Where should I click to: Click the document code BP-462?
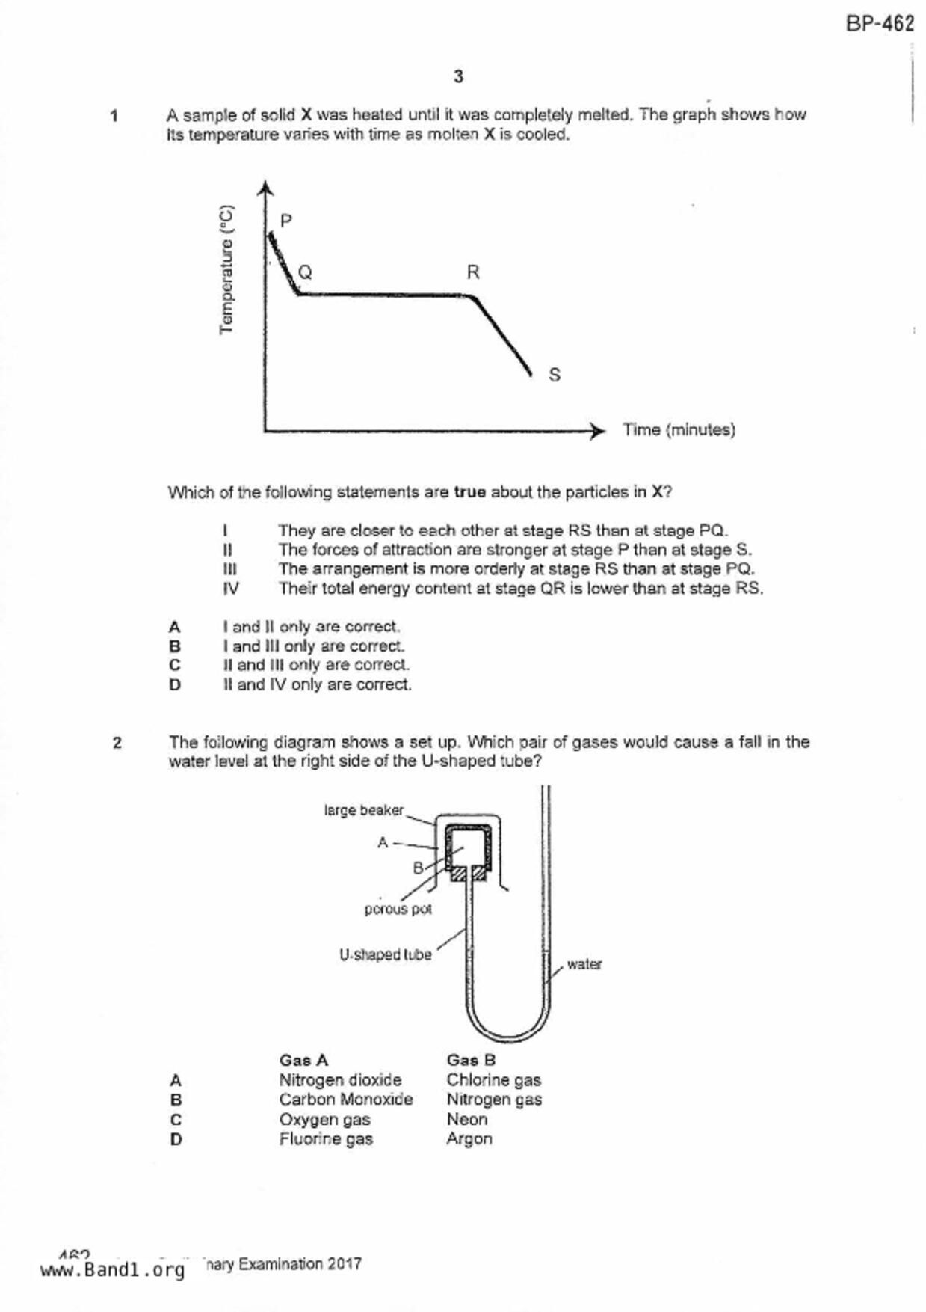coord(880,24)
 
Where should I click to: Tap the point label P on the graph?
coord(286,221)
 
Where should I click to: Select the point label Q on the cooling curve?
coord(305,272)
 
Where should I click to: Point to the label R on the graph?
coord(473,272)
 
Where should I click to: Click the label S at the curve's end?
coord(554,375)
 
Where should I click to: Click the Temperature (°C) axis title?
coord(227,270)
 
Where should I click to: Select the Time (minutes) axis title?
coord(679,430)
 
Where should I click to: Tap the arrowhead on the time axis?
coord(597,431)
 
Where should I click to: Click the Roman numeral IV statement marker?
coord(231,589)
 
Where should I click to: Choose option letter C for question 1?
coord(175,665)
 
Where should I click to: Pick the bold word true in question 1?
coord(469,492)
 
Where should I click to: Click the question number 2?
coord(117,743)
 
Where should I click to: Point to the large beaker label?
coord(363,810)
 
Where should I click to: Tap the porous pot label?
coord(398,909)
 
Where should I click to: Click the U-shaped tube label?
coord(385,955)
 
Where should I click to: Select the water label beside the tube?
coord(584,964)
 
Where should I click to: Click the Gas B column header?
coord(471,1060)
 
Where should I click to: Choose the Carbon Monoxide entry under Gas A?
coord(345,1100)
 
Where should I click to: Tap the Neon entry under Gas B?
coord(467,1120)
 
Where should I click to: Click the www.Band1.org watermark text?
coord(112,1270)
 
